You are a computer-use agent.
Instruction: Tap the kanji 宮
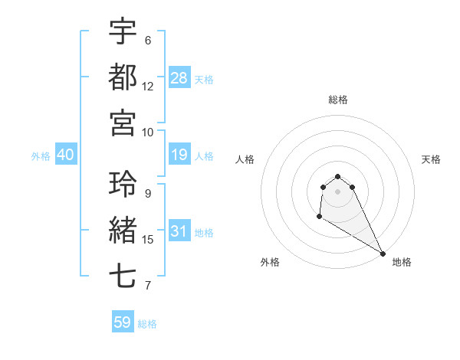tap(123, 122)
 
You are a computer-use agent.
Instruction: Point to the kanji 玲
tap(123, 184)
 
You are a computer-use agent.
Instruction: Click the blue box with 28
tap(179, 77)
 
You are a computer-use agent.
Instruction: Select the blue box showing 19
tap(179, 155)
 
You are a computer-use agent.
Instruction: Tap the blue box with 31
tap(179, 232)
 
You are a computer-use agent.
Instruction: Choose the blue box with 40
tap(65, 155)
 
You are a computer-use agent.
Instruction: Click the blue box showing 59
tap(123, 322)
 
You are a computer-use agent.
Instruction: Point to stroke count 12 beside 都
tap(148, 86)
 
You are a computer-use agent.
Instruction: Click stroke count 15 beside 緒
tap(148, 240)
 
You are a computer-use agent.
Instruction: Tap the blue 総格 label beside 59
tap(147, 324)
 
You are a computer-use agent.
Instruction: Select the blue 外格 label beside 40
tap(41, 156)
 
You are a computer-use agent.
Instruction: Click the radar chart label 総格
tap(337, 100)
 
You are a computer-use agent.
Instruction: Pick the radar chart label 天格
tap(431, 159)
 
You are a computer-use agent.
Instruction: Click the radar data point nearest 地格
tap(383, 254)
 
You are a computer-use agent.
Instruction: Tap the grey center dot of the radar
tap(337, 191)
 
